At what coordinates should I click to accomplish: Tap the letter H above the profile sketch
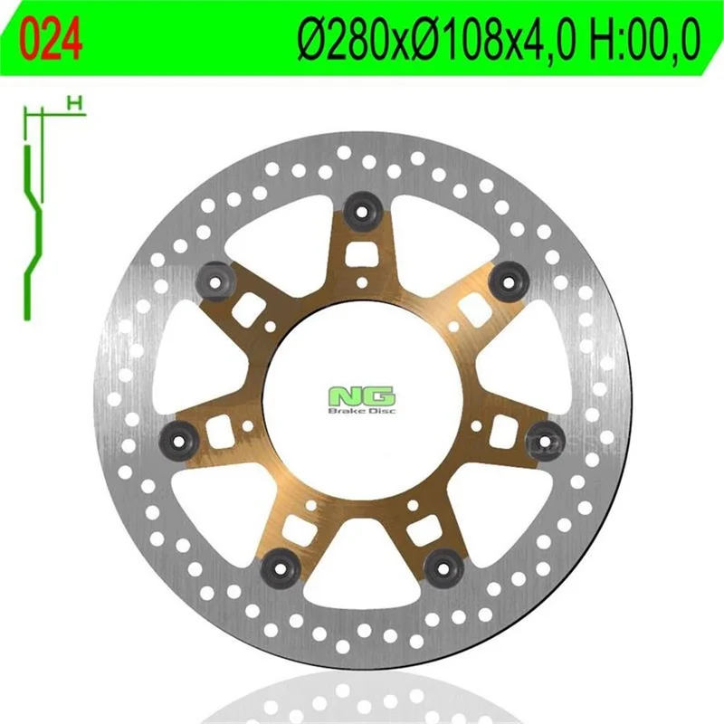pos(74,102)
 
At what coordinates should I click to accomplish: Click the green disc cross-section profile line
pos(33,232)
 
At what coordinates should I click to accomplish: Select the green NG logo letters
pos(361,396)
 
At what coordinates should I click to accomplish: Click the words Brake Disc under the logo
pos(361,411)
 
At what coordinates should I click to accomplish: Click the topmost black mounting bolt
pos(364,212)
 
